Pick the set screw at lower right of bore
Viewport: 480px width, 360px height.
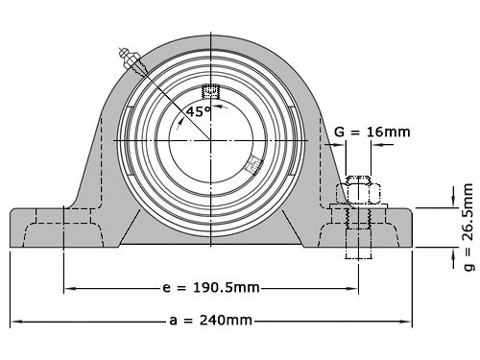253,164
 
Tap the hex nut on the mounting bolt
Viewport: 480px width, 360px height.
356,193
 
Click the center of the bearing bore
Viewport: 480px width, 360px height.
211,141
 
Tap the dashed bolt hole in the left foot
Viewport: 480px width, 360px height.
63,226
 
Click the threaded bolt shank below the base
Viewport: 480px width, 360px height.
356,245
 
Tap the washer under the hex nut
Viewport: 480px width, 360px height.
356,206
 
